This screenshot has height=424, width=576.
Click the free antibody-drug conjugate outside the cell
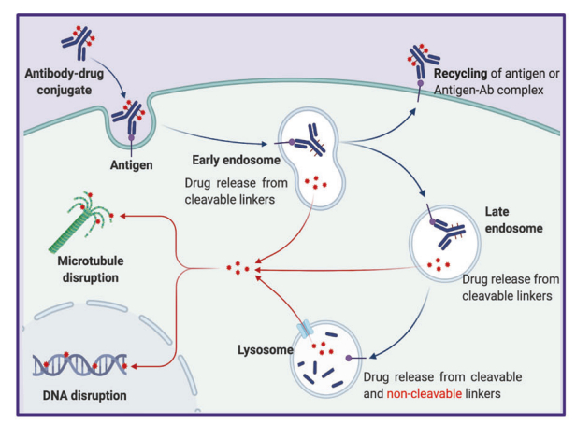(x=79, y=38)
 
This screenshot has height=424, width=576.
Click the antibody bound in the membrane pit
(x=130, y=117)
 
